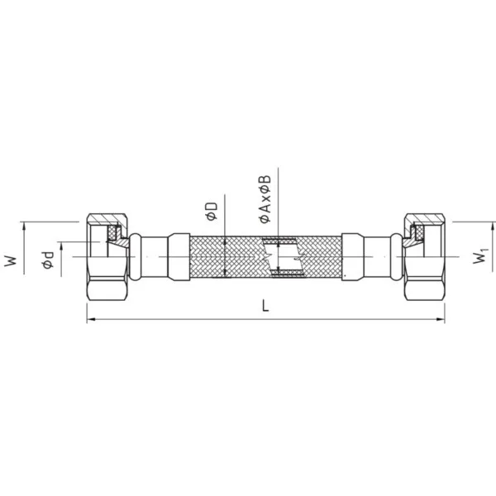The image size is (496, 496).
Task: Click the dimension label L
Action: (x=265, y=306)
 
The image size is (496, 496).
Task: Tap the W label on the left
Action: (x=10, y=261)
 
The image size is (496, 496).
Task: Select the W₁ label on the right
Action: (x=480, y=256)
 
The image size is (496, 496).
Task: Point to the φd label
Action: (x=49, y=260)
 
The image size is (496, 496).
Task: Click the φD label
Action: (x=212, y=211)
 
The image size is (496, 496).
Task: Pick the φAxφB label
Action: (x=265, y=199)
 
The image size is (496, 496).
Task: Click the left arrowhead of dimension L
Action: (x=91, y=319)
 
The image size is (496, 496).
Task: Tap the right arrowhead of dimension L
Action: (x=441, y=319)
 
